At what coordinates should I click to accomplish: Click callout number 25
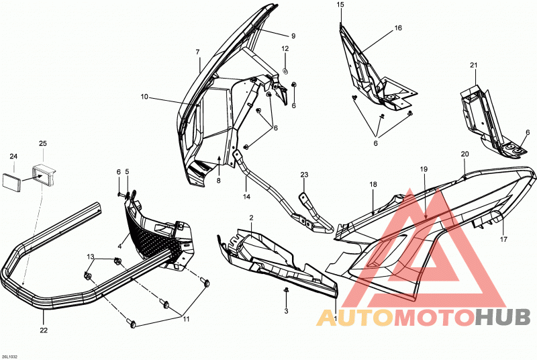43,144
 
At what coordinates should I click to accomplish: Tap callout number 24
13,156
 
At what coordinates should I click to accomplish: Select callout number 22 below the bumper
44,330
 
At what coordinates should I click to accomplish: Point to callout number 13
91,257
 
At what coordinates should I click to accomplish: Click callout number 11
186,319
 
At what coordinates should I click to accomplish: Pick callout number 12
285,48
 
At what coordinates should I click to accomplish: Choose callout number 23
304,175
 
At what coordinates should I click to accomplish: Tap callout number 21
474,65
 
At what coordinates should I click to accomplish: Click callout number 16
398,28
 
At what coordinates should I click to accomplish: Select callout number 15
340,5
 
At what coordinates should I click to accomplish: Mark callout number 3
287,311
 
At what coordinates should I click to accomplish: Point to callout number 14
246,197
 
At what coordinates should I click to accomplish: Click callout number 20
465,154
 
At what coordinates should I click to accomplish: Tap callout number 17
503,239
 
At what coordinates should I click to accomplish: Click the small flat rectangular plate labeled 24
11,181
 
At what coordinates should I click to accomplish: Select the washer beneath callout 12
285,71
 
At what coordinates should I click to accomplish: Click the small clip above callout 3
286,290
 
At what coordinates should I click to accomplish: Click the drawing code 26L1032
9,357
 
